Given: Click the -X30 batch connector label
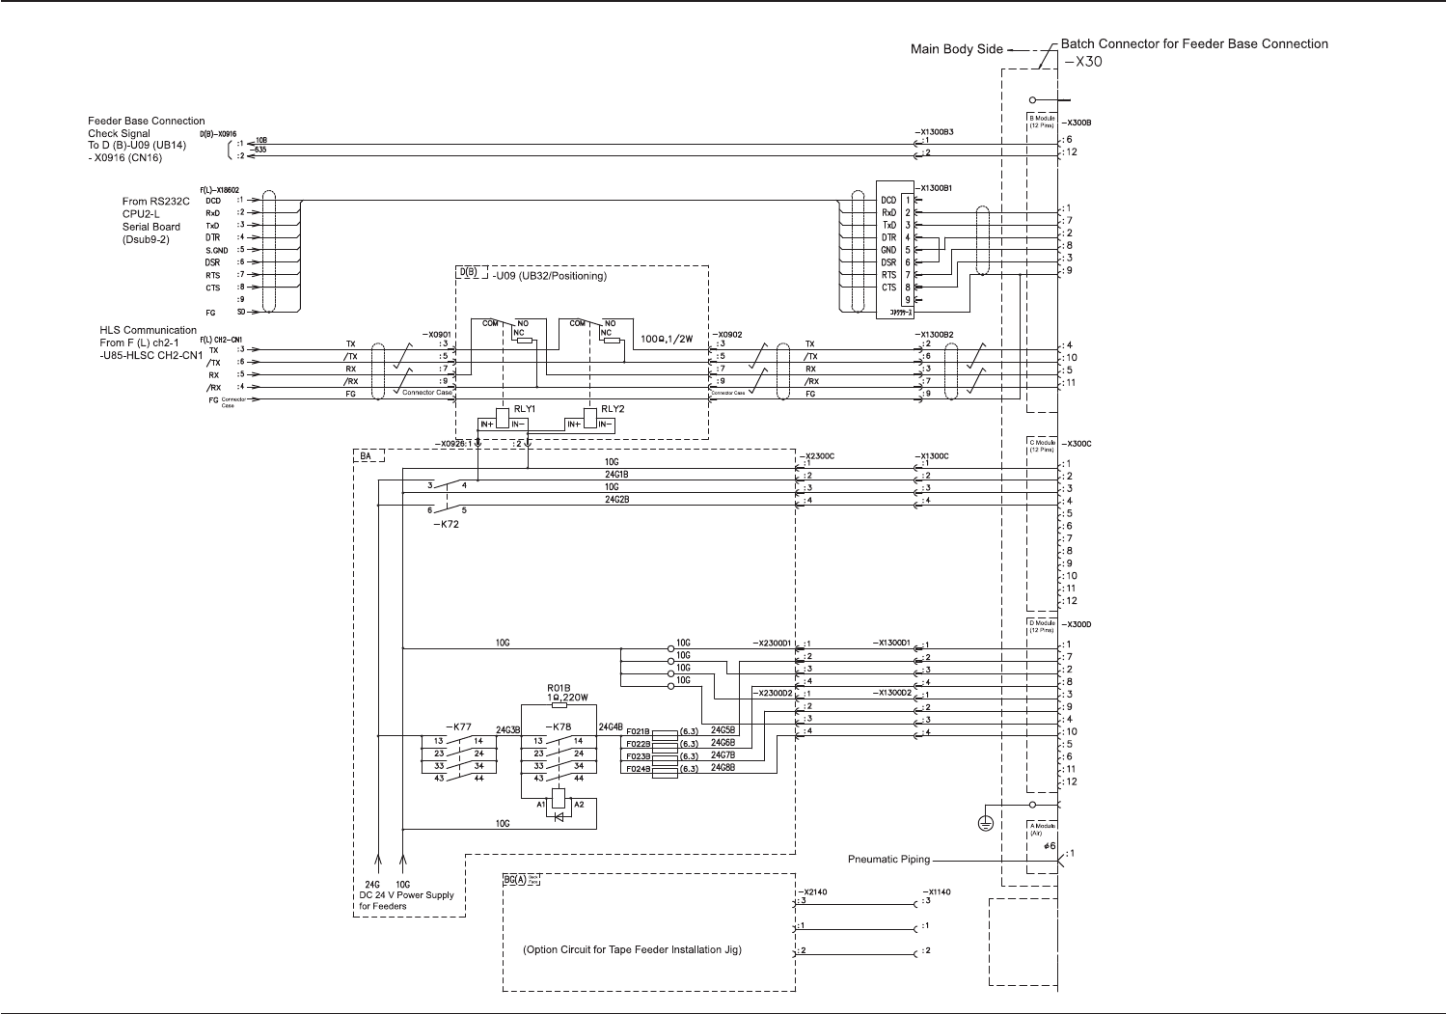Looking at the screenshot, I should click(x=1082, y=62).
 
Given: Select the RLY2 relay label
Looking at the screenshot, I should click(x=613, y=409).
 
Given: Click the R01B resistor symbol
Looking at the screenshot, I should click(x=559, y=705).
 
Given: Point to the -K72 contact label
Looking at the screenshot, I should click(x=446, y=524).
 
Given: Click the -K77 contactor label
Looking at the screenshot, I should click(x=458, y=726).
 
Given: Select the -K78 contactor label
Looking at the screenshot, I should click(x=559, y=726).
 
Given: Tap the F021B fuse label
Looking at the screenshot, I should click(x=638, y=731).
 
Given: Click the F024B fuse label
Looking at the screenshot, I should click(x=638, y=769).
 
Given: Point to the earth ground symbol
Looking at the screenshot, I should click(x=984, y=823).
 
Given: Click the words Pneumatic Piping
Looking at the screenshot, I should click(x=888, y=860).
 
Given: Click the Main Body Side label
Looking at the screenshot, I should click(x=956, y=49).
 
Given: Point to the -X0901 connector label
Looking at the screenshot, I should click(x=436, y=334).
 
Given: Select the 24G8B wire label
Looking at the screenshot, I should click(x=723, y=768).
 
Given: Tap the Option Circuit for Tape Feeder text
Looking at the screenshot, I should click(x=632, y=949).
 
